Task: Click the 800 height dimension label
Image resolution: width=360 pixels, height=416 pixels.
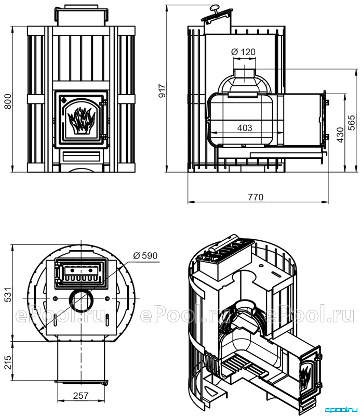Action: tap(8, 101)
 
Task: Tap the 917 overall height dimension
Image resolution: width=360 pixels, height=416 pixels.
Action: tap(162, 91)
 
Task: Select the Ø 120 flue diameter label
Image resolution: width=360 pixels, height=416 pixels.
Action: tap(243, 51)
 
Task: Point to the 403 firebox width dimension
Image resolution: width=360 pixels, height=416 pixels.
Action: tap(245, 128)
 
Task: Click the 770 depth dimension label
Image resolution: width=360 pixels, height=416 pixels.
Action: tap(256, 197)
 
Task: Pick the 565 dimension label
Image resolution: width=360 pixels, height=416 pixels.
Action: tap(351, 123)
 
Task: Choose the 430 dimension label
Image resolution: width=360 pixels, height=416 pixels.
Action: tap(340, 135)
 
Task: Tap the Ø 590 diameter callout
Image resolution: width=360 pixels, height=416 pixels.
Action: tap(145, 255)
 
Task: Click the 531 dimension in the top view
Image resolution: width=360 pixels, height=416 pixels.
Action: tap(8, 294)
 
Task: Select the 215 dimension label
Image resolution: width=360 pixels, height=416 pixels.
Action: tap(8, 362)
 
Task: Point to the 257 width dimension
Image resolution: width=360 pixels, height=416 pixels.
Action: tap(81, 396)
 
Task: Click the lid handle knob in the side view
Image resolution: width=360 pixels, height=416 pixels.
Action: tap(214, 8)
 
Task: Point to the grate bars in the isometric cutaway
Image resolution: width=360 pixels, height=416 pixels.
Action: tap(243, 365)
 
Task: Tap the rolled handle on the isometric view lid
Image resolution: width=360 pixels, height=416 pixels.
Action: tap(222, 242)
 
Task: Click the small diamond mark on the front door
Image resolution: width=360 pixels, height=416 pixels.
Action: tap(63, 100)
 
